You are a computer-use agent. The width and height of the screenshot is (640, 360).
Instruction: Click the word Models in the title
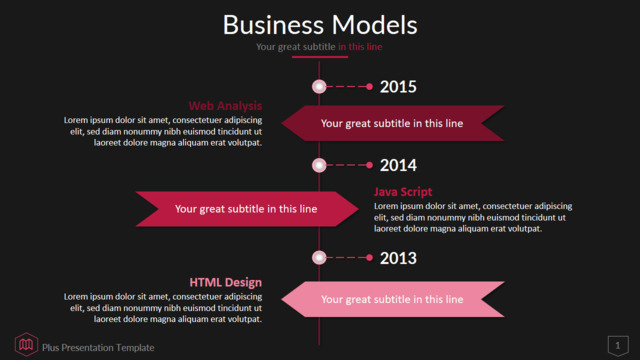[375, 25]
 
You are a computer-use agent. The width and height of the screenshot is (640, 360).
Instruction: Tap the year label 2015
[398, 87]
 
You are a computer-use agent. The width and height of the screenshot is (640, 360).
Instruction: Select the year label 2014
[398, 165]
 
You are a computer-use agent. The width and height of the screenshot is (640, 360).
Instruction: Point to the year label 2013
[398, 258]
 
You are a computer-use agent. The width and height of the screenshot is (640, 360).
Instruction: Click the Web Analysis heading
[225, 106]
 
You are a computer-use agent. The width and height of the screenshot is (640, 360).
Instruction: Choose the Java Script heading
[403, 192]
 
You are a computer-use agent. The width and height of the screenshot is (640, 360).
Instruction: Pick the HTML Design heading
[226, 282]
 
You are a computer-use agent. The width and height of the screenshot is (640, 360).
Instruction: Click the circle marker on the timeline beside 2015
[319, 87]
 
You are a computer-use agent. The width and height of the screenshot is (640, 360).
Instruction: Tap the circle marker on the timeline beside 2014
[319, 165]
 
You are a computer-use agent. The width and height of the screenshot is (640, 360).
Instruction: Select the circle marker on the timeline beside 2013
[319, 258]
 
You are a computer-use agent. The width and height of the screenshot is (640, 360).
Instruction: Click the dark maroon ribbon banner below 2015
[393, 123]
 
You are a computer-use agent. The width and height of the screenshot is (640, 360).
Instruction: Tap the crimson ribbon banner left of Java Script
[247, 209]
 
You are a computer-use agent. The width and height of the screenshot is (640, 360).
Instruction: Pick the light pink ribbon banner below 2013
[393, 299]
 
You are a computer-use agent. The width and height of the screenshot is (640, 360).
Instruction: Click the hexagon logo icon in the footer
[26, 344]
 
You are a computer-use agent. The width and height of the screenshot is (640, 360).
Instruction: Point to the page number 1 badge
[618, 346]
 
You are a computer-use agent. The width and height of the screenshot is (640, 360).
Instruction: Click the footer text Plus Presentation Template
[98, 348]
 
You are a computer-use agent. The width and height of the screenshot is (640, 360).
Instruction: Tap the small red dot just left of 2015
[369, 87]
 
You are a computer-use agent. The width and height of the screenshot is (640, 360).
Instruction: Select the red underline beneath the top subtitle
[320, 57]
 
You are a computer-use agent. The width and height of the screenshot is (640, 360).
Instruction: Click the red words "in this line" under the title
[360, 47]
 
